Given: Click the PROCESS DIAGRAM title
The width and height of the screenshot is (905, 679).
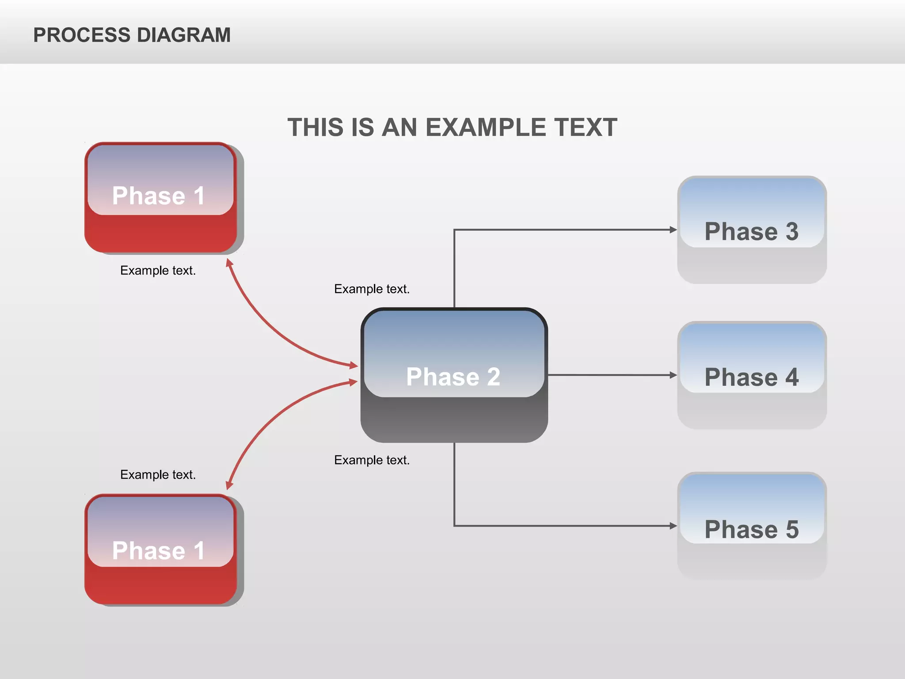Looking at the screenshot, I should pos(132,35).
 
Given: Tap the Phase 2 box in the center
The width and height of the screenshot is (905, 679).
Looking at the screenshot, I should pos(454,375).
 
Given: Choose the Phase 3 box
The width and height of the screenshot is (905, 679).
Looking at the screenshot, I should pos(752,230).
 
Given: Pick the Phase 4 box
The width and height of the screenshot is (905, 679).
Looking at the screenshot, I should pos(752,375).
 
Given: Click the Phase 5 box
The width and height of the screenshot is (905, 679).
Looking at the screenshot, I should pos(752,526).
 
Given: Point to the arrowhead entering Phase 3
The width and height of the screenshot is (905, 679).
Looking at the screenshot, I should pos(673,229).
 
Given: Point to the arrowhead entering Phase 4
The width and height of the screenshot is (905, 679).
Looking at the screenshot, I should pos(673,375).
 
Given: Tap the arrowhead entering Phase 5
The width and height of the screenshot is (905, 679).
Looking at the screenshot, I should pos(673,526).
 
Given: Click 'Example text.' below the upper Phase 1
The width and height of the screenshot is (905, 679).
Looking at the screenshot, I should pos(158,270).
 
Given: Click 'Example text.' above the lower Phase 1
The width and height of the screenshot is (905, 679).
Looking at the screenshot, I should pos(158,474).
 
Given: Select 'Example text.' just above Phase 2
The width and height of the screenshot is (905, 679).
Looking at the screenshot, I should pos(372,289).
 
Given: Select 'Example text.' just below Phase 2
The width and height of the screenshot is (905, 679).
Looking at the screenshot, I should pos(372,460).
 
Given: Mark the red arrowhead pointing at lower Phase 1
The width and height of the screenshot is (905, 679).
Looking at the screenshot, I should pos(229,485).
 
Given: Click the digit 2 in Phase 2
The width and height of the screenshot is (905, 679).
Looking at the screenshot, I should pos(494,377).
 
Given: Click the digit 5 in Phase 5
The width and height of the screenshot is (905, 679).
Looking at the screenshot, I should pos(792,529).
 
